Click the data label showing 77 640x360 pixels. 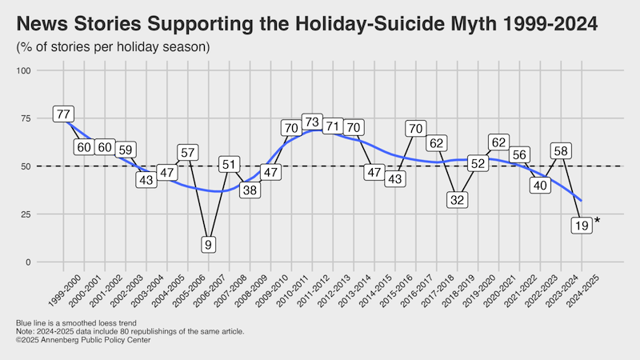[x=63, y=114]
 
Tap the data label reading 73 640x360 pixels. [x=312, y=122]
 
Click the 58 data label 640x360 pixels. [x=561, y=150]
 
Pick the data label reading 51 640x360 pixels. [x=229, y=165]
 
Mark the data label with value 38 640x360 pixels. [x=250, y=190]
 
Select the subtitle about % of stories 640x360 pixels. [x=113, y=47]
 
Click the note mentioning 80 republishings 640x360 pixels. [x=129, y=331]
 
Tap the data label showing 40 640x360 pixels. [x=540, y=185]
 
